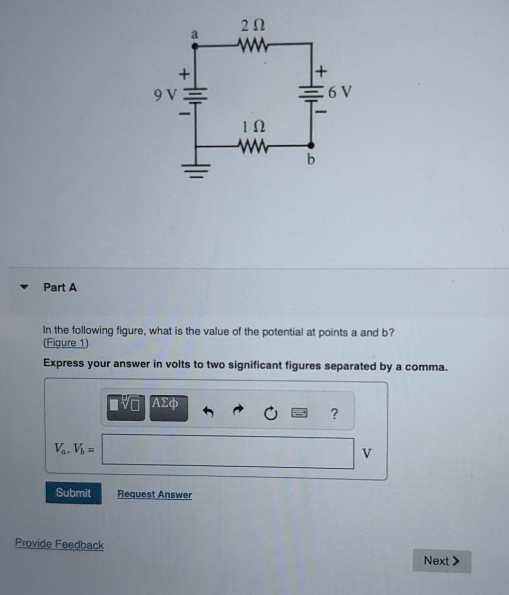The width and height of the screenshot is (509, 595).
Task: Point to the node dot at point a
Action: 195,46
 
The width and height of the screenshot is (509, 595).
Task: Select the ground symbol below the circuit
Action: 196,170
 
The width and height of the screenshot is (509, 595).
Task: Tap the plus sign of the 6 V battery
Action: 321,71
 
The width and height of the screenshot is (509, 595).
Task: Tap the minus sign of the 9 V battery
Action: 185,114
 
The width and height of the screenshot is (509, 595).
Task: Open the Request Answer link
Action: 154,494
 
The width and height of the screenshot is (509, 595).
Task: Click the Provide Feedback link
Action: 59,544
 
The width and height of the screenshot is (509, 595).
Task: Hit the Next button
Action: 442,561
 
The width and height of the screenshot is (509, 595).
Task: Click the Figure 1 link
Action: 66,343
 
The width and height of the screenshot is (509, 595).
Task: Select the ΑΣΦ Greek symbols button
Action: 169,408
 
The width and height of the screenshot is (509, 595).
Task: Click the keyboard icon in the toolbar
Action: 299,413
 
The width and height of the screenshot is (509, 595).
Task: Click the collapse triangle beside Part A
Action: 24,287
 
